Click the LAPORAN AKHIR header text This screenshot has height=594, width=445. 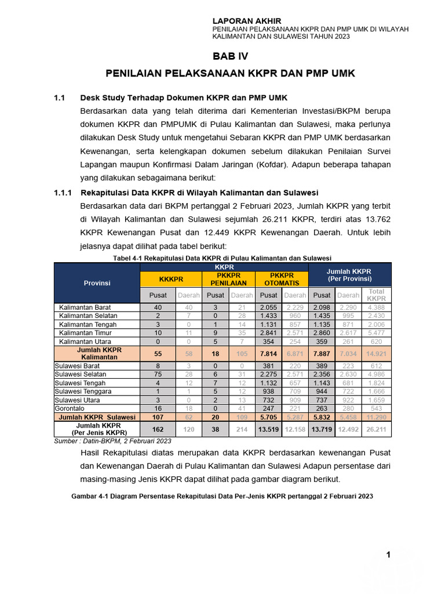[247, 21]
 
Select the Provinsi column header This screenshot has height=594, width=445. [97, 283]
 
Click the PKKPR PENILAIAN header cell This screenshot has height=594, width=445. [228, 279]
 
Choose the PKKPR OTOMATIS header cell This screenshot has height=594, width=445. [282, 279]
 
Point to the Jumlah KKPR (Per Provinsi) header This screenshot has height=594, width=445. [349, 275]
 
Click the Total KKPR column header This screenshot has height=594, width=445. [376, 295]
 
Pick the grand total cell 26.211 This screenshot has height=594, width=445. [376, 429]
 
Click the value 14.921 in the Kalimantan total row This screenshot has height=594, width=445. [376, 354]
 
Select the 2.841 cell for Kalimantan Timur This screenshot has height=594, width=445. [269, 333]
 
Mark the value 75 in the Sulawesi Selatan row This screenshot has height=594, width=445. [158, 375]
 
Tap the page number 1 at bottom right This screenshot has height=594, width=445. [388, 555]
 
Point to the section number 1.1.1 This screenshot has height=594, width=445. [62, 193]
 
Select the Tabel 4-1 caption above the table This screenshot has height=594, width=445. [222, 258]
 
